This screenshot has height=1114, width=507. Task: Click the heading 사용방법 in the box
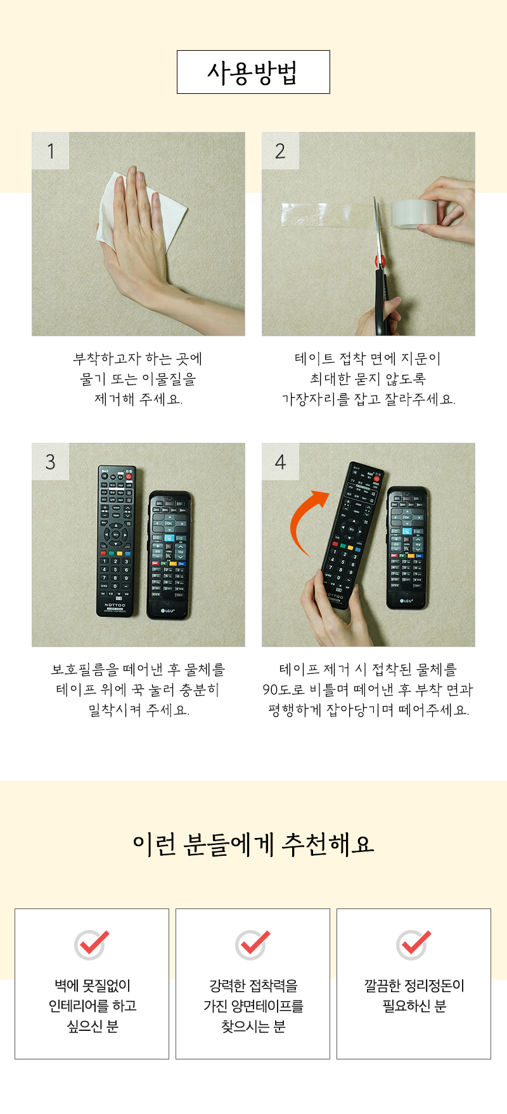253,72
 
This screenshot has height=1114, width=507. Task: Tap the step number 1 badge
51,151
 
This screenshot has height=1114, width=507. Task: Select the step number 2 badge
280,151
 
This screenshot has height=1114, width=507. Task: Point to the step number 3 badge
51,462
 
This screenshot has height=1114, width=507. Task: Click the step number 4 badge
280,462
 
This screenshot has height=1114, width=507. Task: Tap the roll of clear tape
412,213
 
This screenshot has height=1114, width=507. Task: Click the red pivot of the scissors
380,259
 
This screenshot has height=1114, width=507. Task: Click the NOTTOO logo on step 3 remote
115,605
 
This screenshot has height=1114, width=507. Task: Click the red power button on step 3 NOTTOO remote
129,475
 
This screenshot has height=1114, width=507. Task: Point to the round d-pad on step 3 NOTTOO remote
115,534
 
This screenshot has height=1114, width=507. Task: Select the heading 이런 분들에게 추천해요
253,844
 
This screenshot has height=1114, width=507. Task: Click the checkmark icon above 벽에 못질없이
92,945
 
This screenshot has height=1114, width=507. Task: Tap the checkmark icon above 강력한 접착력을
253,945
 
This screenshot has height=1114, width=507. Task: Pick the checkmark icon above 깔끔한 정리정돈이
414,945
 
